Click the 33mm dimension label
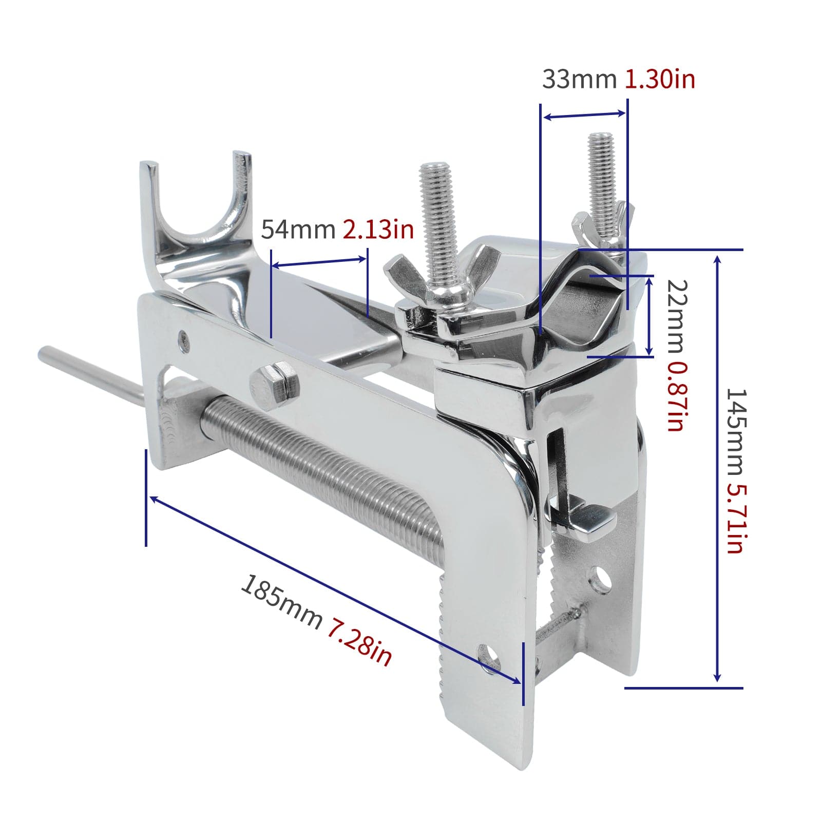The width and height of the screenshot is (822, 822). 579,80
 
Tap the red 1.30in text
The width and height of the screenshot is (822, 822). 660,80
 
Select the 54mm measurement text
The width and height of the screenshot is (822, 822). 298,229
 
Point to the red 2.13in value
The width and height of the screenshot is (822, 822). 378,229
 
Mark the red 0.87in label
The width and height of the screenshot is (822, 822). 676,395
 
